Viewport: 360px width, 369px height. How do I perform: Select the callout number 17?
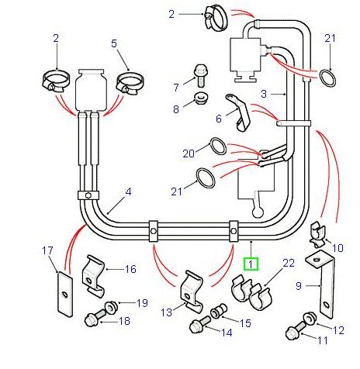coord(47,250)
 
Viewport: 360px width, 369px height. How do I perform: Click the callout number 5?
coord(114,44)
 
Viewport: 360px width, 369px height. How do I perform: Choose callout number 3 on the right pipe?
coord(285,93)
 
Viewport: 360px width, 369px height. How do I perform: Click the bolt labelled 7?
coord(200,75)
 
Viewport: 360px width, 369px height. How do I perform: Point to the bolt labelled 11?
coord(296,333)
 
